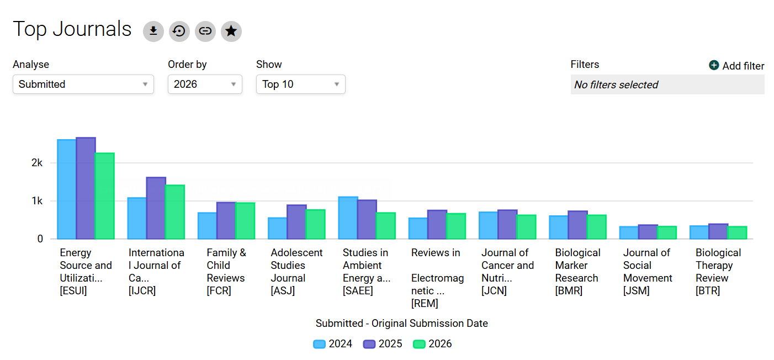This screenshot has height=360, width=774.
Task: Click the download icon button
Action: click(153, 31)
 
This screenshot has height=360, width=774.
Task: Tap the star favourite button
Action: click(231, 31)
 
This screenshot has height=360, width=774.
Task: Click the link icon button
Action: click(205, 31)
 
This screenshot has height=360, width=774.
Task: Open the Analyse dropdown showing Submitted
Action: click(83, 84)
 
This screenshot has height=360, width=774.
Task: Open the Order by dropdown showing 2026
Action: click(205, 84)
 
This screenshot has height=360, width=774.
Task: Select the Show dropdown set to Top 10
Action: click(301, 84)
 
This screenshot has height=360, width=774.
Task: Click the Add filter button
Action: click(736, 66)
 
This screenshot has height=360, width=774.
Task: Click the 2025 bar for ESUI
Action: click(86, 188)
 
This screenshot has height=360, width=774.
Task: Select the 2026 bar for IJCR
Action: click(175, 212)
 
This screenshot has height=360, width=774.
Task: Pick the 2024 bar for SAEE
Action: click(348, 218)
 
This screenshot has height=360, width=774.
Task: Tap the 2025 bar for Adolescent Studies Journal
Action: click(296, 221)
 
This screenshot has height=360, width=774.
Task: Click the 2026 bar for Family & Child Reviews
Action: click(245, 220)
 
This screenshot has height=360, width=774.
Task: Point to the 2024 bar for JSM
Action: click(629, 232)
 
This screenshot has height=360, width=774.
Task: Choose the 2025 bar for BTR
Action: click(718, 231)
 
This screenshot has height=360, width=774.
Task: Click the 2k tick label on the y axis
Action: click(37, 163)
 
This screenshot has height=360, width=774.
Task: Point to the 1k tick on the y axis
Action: click(37, 201)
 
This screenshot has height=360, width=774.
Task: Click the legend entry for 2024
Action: click(333, 344)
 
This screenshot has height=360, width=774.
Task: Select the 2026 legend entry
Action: click(432, 344)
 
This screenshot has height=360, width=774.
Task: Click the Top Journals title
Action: click(72, 29)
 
